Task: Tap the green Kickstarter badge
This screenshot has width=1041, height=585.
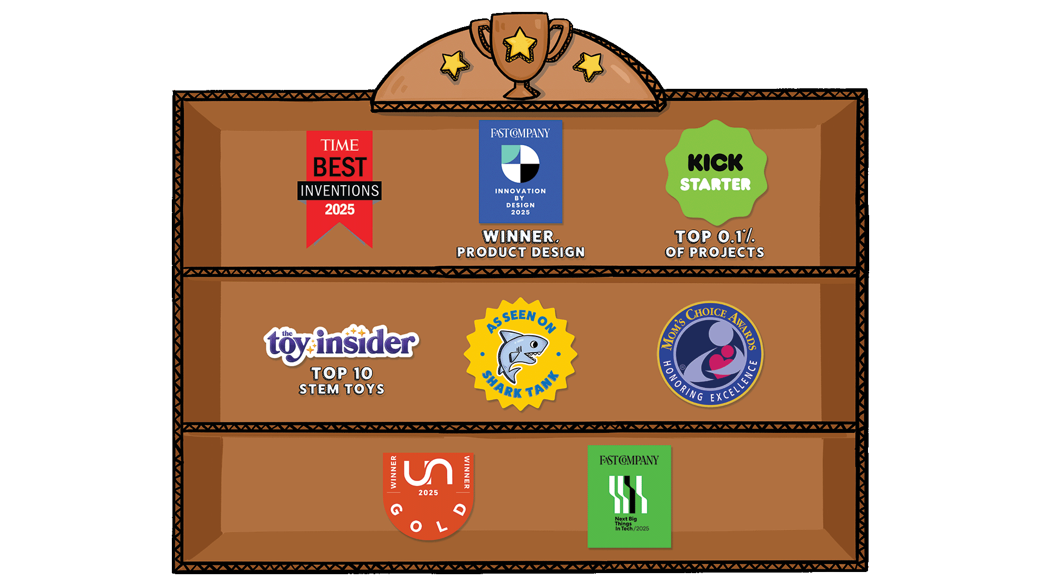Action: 716,172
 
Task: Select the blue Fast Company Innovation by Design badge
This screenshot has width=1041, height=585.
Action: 520,171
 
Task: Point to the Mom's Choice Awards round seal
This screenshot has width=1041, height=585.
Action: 710,353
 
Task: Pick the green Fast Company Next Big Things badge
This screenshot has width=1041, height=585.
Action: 629,496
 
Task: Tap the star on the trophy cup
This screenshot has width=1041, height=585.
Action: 520,43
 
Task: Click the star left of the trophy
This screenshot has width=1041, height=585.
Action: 454,64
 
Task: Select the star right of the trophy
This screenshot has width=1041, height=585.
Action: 589,66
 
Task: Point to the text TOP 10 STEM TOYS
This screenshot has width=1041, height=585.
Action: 342,381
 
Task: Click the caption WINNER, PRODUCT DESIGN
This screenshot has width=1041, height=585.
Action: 520,244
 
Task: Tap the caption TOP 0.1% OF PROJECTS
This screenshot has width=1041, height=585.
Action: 715,244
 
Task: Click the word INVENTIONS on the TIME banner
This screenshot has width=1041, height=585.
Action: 339,191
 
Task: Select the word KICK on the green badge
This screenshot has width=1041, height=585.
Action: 715,162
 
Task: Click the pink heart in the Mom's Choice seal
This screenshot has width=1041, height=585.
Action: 723,361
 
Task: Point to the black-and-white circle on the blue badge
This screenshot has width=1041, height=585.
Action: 520,164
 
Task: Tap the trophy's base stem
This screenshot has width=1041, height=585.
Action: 520,89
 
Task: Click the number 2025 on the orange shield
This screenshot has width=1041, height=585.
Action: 428,492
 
